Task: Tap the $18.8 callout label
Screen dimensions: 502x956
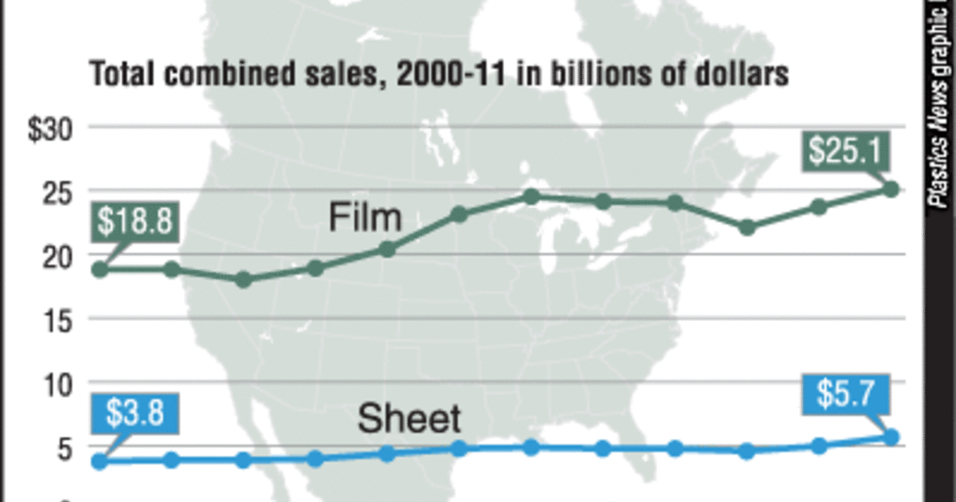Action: [x=134, y=222]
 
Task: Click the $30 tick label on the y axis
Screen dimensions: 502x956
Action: [x=51, y=129]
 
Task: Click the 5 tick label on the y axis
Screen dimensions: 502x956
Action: [x=65, y=448]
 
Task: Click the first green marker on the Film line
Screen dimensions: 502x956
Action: [x=100, y=269]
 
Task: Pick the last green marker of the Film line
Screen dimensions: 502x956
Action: [x=891, y=189]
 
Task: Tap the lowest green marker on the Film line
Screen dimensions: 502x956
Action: [x=244, y=280]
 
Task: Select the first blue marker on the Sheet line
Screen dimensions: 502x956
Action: [x=100, y=461]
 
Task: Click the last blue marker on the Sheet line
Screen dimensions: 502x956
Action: [x=891, y=437]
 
